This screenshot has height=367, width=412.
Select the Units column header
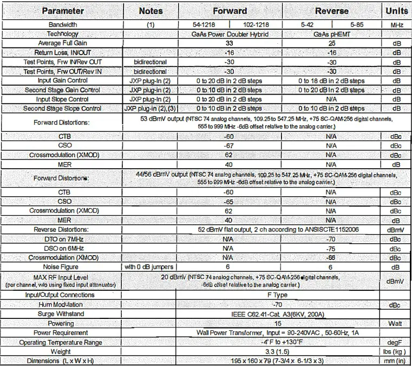click(x=396, y=10)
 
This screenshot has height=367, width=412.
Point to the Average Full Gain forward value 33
click(x=229, y=43)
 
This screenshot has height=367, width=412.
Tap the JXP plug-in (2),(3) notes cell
click(x=151, y=109)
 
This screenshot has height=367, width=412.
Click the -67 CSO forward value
click(x=229, y=145)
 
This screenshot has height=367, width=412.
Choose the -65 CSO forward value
click(x=229, y=201)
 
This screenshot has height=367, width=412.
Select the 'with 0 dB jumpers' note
click(x=151, y=266)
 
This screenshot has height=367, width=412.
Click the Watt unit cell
click(x=396, y=323)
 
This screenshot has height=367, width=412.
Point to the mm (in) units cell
click(x=396, y=361)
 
